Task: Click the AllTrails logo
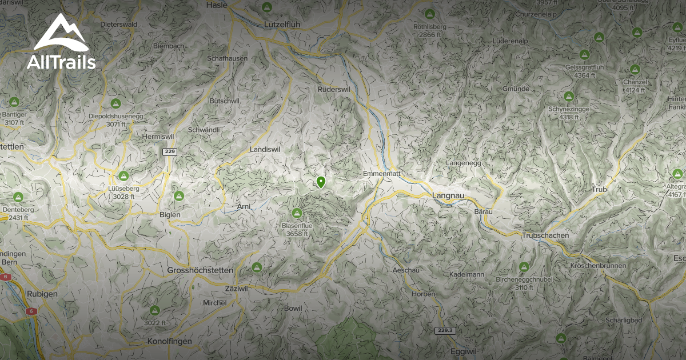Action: (x=61, y=43)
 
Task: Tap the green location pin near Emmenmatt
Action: (x=321, y=182)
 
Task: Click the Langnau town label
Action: (x=449, y=195)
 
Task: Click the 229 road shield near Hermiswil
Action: (x=169, y=151)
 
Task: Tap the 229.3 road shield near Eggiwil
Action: (x=444, y=330)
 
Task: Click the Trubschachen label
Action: (x=545, y=235)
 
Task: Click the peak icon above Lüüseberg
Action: (x=123, y=176)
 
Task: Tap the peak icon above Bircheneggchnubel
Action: (x=524, y=267)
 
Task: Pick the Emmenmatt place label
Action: (x=381, y=173)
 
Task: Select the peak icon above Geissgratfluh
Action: (x=584, y=55)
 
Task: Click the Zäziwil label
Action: (x=237, y=289)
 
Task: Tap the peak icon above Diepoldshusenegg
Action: (x=116, y=103)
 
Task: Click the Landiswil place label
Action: (x=264, y=149)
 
